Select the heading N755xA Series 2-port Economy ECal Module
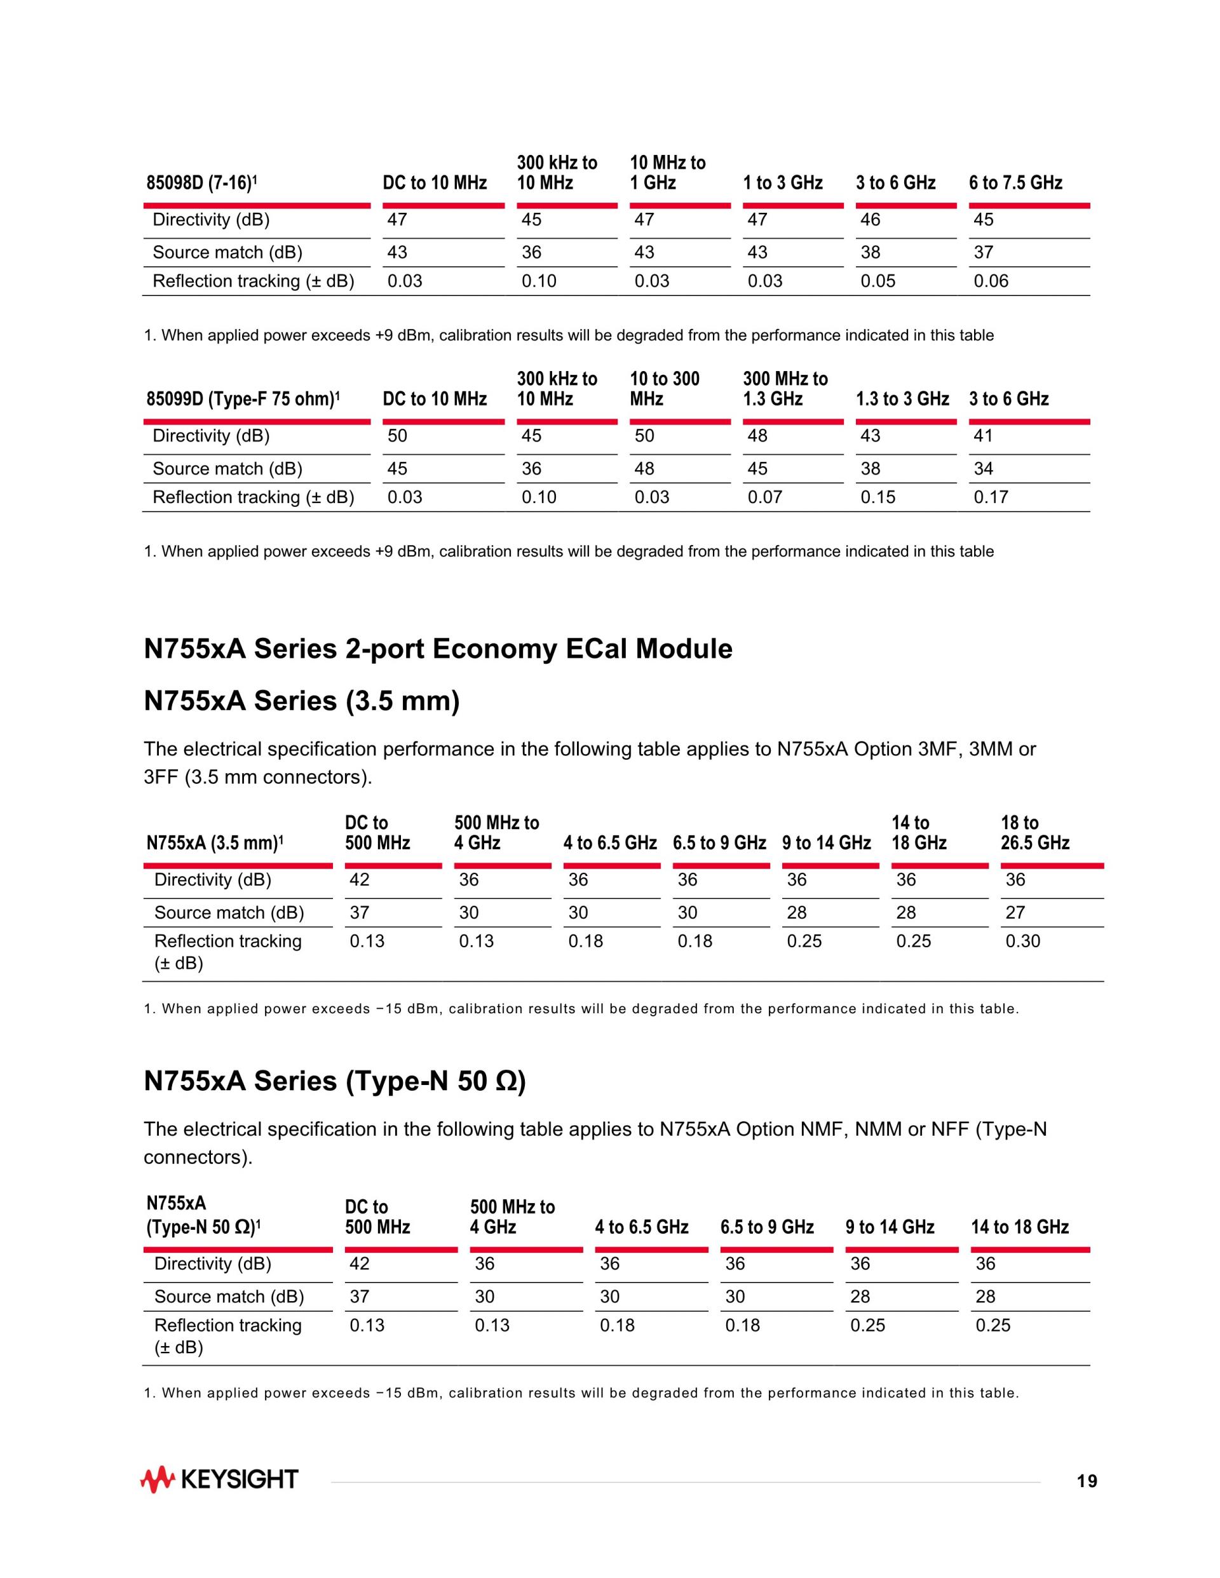pos(438,649)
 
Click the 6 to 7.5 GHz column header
pos(1015,183)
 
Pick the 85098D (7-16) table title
pos(201,183)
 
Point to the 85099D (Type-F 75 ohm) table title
pos(243,399)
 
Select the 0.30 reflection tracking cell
pos(1022,941)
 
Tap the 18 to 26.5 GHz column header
pos(1035,832)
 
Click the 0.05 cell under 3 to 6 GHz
pos(878,281)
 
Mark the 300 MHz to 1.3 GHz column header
pos(785,389)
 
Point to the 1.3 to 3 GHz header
pos(903,399)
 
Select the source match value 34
pos(984,469)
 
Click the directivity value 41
pos(984,436)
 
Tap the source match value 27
pos(1015,912)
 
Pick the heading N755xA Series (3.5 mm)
pos(302,701)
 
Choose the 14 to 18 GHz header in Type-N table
pos(1020,1227)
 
